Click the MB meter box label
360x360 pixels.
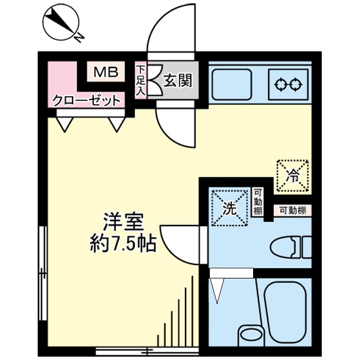point(106,72)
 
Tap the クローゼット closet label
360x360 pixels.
point(87,101)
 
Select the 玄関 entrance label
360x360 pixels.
point(177,80)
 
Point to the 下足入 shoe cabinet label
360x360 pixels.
point(140,80)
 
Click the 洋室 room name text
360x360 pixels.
point(123,222)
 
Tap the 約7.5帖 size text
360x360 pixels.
point(123,244)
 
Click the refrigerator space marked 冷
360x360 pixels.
point(292,176)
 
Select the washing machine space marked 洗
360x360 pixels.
point(230,208)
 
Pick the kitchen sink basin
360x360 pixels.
point(232,84)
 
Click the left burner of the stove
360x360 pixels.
point(281,85)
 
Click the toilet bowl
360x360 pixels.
point(283,248)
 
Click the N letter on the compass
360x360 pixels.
point(79,38)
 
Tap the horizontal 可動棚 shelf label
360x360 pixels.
point(292,210)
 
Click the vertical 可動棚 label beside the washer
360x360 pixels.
point(258,201)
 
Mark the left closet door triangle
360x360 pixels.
point(65,124)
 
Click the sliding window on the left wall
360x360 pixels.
point(43,273)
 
